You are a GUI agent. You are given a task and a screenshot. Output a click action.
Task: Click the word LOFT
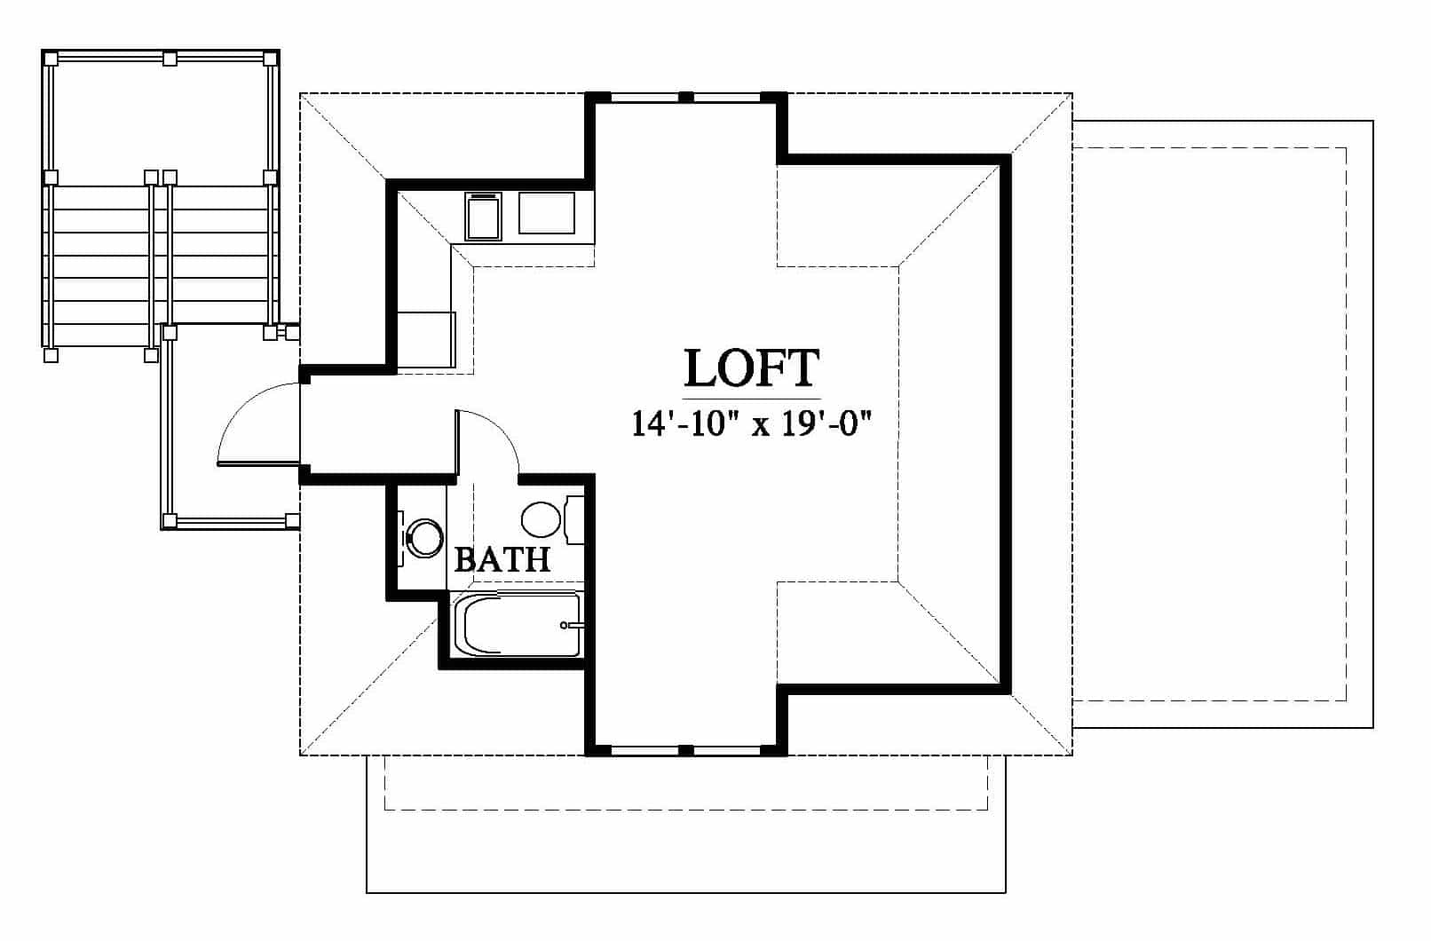751,368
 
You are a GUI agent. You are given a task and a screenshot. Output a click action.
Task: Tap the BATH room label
502,559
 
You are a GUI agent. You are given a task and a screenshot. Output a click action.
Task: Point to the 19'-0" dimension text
827,423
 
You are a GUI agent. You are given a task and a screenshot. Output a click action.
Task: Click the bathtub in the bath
518,624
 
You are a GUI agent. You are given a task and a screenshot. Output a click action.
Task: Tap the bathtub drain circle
564,625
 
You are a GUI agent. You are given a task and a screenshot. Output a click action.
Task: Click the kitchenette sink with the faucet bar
483,216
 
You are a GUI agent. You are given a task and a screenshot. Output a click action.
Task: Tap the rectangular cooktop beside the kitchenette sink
546,213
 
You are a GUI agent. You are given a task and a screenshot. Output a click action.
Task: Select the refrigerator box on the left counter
426,340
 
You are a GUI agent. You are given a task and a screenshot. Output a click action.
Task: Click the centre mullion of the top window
685,97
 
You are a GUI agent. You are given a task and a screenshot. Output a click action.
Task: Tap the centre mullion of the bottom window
685,750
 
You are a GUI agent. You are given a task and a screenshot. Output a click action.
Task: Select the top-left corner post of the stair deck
51,59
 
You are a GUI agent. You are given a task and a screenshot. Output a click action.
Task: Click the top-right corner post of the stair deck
271,59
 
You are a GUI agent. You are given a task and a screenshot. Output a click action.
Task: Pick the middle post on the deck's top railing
170,59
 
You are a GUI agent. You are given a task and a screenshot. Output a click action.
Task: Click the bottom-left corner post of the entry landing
169,520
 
